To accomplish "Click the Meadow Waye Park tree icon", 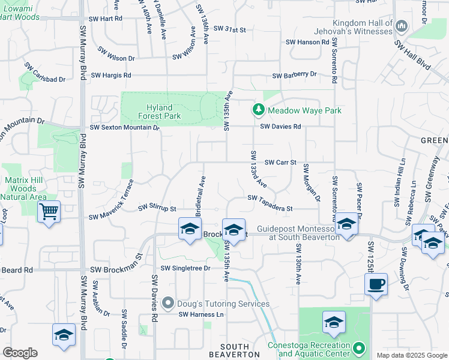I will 258,110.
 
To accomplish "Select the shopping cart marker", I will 49,211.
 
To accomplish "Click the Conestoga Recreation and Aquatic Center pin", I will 359,348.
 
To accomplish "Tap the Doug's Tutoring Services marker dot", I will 169,304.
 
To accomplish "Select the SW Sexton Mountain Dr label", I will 125,127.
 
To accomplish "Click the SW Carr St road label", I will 281,162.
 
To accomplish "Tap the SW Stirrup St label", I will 157,208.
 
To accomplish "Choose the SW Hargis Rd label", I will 110,76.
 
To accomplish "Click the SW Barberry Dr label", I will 294,75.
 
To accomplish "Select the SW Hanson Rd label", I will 308,42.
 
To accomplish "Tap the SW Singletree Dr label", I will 185,268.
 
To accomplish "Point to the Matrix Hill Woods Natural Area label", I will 25,188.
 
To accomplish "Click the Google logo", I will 20,353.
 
